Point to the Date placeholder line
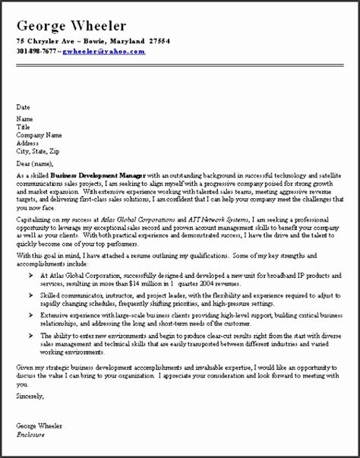point(23,107)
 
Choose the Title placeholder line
point(23,127)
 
